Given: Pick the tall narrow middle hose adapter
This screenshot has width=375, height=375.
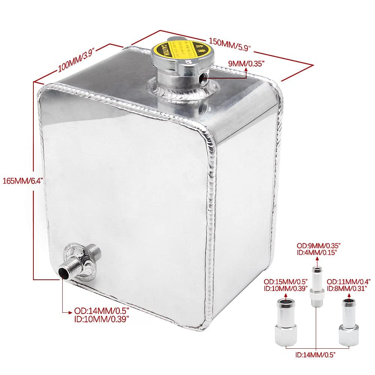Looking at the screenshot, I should pyautogui.click(x=316, y=283).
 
